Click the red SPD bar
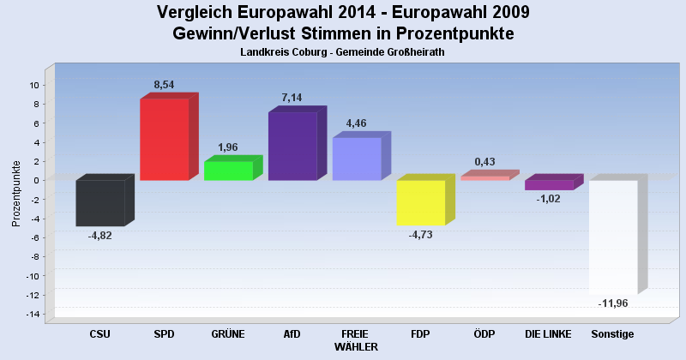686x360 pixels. click(x=164, y=139)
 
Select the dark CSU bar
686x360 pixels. click(x=100, y=203)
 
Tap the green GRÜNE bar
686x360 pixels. click(x=228, y=171)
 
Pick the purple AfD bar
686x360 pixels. click(x=292, y=146)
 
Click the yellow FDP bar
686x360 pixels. click(x=420, y=202)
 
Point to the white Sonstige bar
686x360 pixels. click(x=612, y=237)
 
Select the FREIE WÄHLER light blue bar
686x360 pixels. click(x=356, y=159)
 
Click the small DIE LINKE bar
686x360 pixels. click(x=549, y=184)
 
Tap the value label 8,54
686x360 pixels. click(x=165, y=84)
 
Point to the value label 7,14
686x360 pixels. click(x=292, y=98)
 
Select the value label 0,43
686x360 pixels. click(x=484, y=162)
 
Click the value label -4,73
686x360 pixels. click(x=421, y=236)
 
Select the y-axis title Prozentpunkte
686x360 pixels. click(x=16, y=194)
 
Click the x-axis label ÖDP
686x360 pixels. click(x=484, y=334)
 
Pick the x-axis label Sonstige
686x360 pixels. click(x=612, y=334)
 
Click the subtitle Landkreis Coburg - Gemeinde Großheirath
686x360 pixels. click(x=343, y=52)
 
